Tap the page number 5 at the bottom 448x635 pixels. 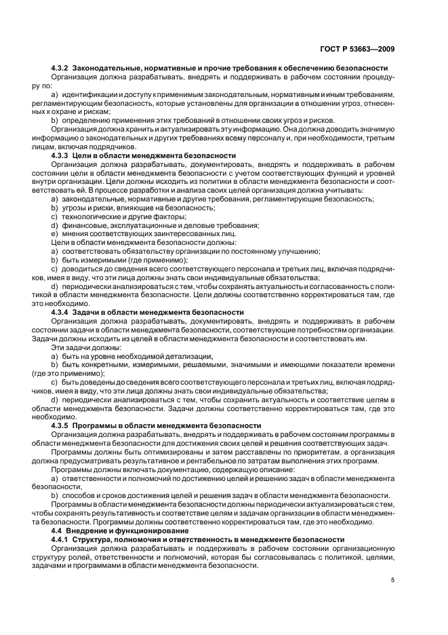point(392,579)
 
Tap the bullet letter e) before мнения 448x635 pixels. point(54,233)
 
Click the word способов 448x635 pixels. point(80,495)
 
